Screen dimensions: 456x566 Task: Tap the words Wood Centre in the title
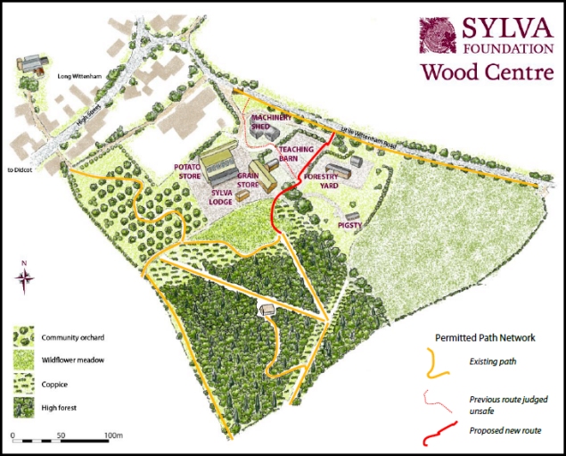pos(487,71)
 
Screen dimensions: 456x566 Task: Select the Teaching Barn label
pos(293,153)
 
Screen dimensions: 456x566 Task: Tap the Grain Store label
pos(249,180)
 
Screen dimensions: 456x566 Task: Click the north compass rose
pos(25,278)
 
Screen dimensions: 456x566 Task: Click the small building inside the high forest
pos(267,309)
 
